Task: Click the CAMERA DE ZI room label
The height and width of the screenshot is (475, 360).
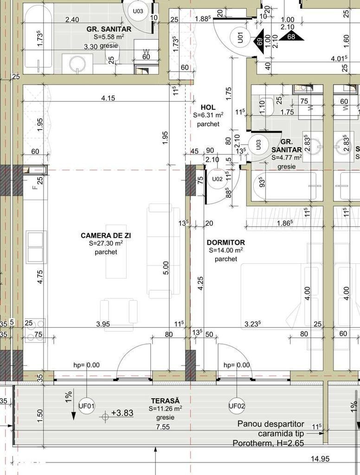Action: (106, 235)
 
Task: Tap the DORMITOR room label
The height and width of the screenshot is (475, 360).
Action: (226, 242)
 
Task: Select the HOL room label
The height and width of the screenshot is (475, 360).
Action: (208, 107)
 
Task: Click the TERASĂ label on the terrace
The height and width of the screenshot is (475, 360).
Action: (165, 401)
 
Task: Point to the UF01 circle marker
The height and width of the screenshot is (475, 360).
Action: (87, 406)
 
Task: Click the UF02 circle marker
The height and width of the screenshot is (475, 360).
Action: (237, 406)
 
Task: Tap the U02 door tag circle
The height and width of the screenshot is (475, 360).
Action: (217, 179)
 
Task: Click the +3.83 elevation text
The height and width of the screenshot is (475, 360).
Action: (122, 413)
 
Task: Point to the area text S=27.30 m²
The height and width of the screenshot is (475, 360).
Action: (106, 243)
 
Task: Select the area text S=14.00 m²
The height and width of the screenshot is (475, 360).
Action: (226, 250)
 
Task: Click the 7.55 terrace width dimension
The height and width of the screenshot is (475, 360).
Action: (163, 427)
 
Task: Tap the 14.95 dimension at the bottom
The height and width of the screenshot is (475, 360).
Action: (320, 459)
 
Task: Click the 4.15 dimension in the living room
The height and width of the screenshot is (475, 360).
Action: (108, 98)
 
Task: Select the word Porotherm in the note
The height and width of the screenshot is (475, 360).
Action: (252, 443)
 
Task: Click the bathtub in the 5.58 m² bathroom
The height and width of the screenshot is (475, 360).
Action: (38, 39)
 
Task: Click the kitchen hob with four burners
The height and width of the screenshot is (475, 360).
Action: (35, 330)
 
